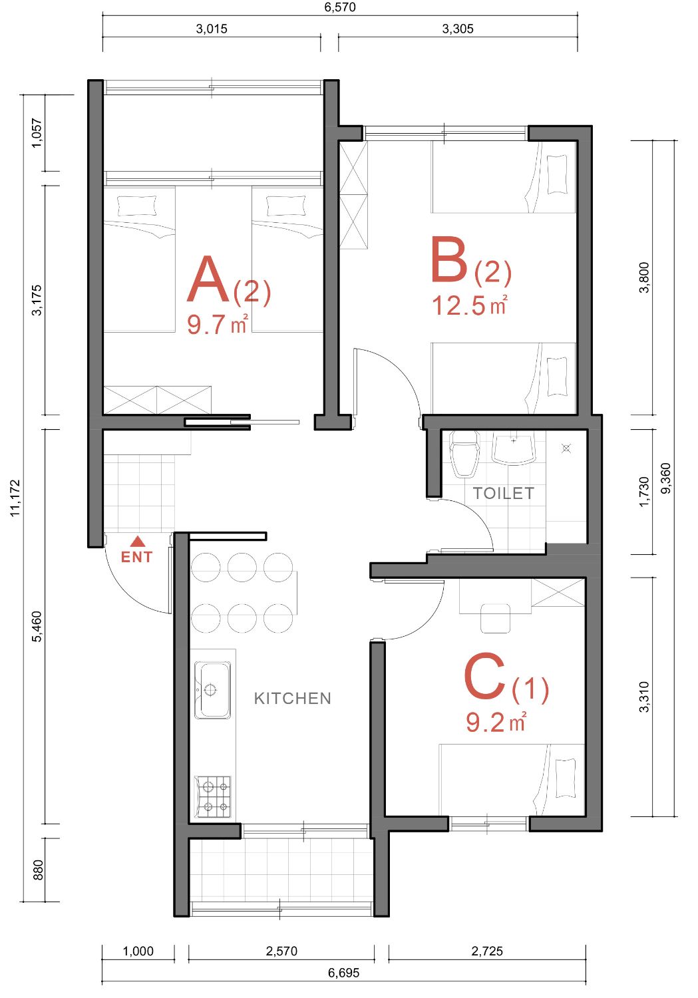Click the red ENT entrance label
137,557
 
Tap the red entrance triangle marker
138,542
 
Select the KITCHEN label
293,698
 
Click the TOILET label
503,493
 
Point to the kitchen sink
212,690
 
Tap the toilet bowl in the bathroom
465,454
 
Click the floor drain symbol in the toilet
566,448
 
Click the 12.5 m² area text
470,305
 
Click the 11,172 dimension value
15,498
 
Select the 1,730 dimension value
645,492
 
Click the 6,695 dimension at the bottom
343,973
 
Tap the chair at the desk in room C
495,618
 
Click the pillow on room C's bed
566,778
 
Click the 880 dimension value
39,869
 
